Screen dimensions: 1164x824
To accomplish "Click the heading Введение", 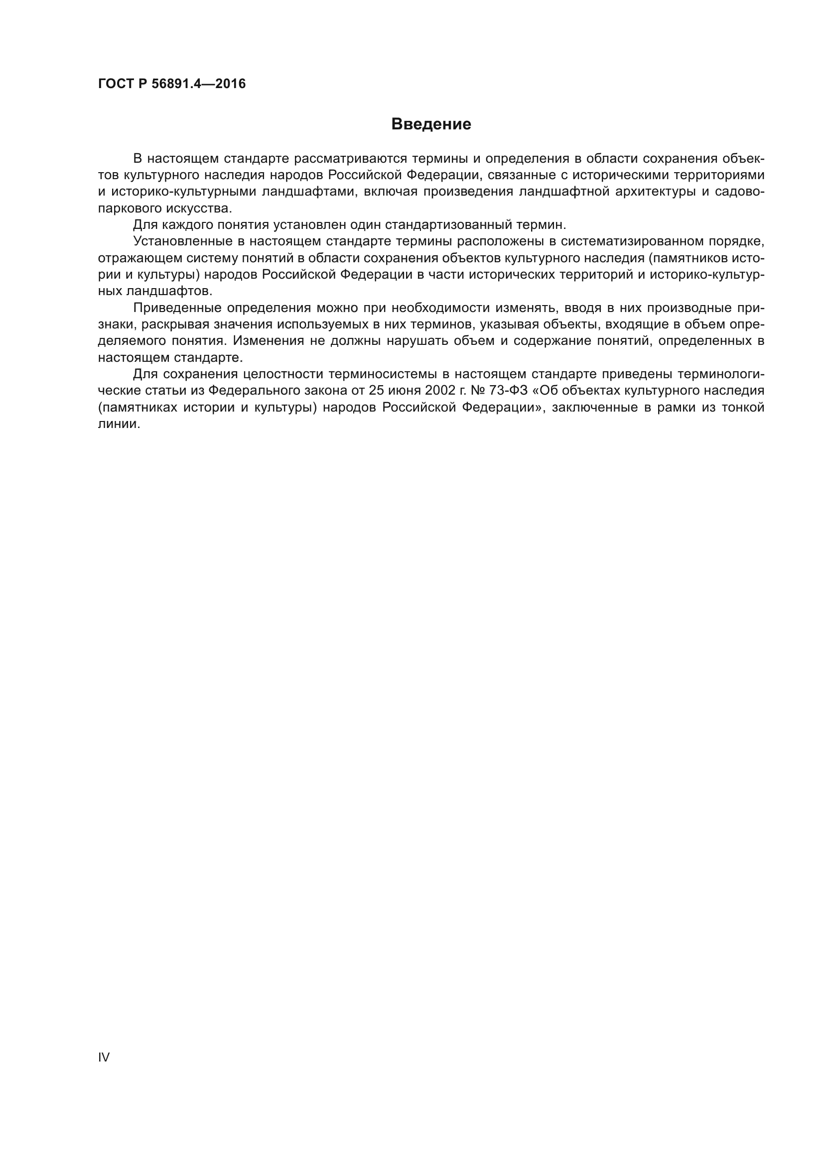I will tap(431, 124).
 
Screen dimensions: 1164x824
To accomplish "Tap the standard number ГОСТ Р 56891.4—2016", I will tap(171, 84).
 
